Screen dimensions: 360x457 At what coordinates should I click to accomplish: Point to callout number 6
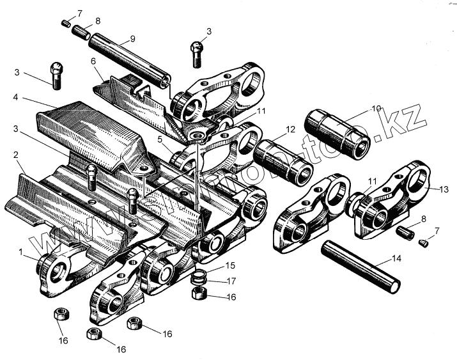tap(93, 61)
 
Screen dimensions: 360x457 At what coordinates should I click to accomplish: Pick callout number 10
tap(376, 108)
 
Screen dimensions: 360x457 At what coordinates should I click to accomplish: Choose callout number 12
tap(290, 129)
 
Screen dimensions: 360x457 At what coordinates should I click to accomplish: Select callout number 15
tap(228, 265)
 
